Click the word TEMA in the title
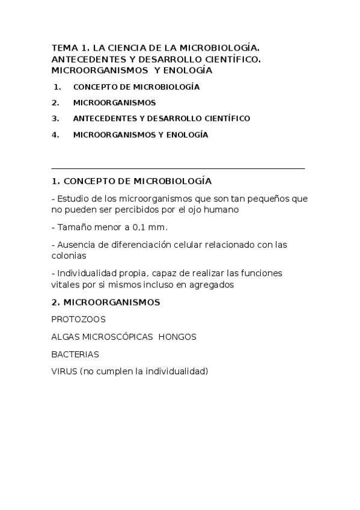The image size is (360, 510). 62,48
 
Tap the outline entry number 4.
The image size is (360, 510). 55,135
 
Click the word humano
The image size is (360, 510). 222,210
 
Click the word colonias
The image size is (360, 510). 69,256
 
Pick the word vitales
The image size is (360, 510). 64,284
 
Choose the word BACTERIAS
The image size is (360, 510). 75,354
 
